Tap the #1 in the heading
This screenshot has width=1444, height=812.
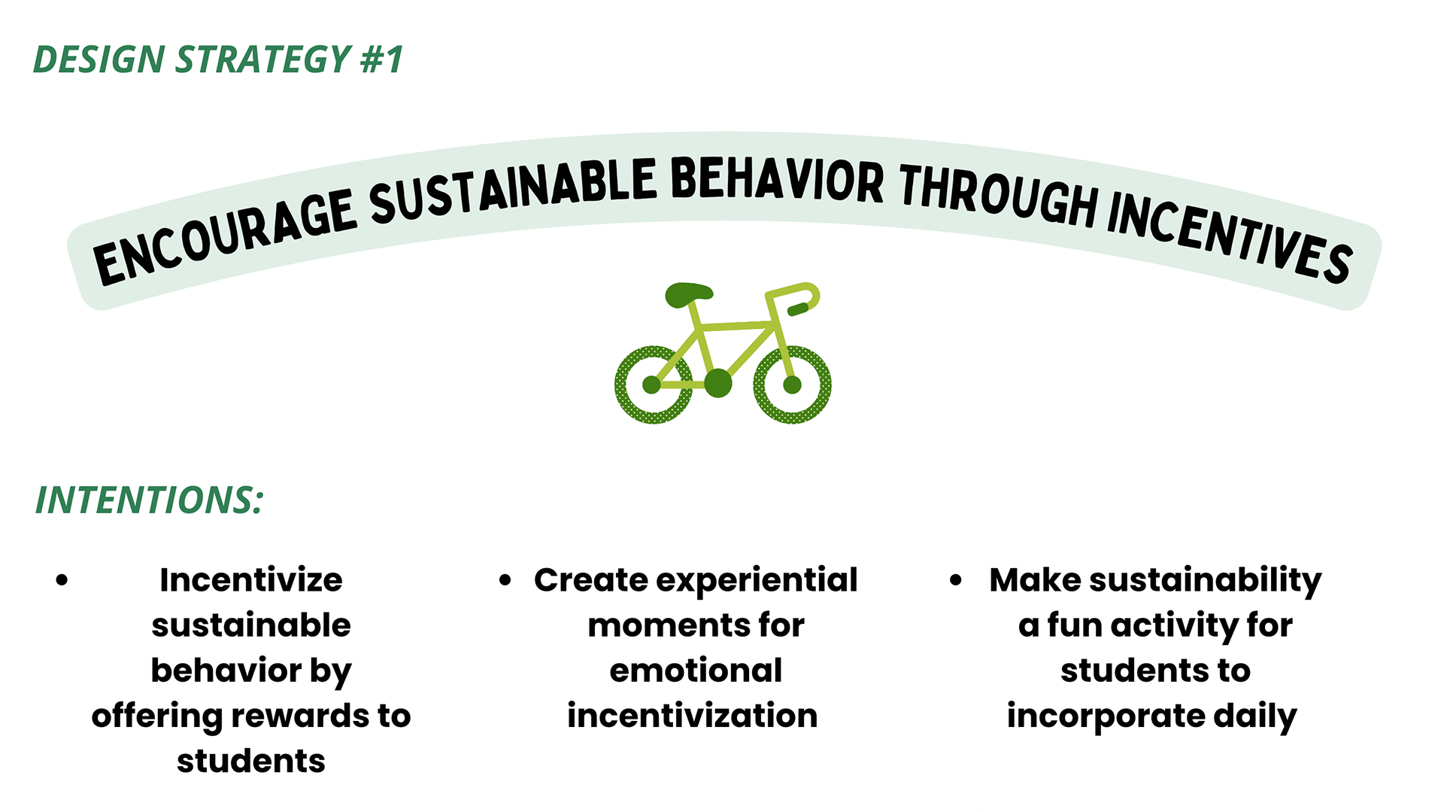(382, 59)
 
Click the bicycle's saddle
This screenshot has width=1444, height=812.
(688, 294)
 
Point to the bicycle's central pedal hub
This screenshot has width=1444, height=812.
(718, 383)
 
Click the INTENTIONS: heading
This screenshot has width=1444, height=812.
(150, 500)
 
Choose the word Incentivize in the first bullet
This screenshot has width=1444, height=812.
(251, 580)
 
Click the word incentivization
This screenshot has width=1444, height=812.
(693, 716)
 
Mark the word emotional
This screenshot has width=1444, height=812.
(696, 671)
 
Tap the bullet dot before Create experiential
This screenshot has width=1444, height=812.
(505, 580)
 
